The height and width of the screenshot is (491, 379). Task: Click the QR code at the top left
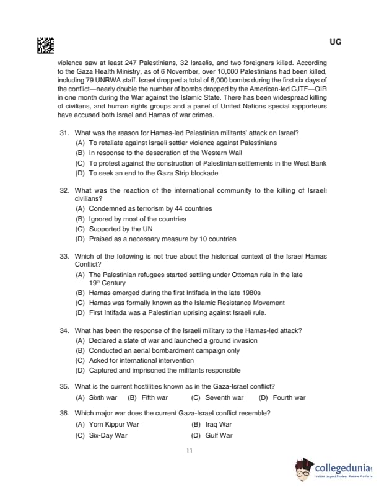pyautogui.click(x=46, y=45)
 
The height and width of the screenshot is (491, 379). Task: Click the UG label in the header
pyautogui.click(x=336, y=42)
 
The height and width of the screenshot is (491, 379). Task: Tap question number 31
pyautogui.click(x=64, y=133)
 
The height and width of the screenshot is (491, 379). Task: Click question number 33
pyautogui.click(x=64, y=256)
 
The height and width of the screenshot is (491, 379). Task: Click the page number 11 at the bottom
pyautogui.click(x=189, y=451)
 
